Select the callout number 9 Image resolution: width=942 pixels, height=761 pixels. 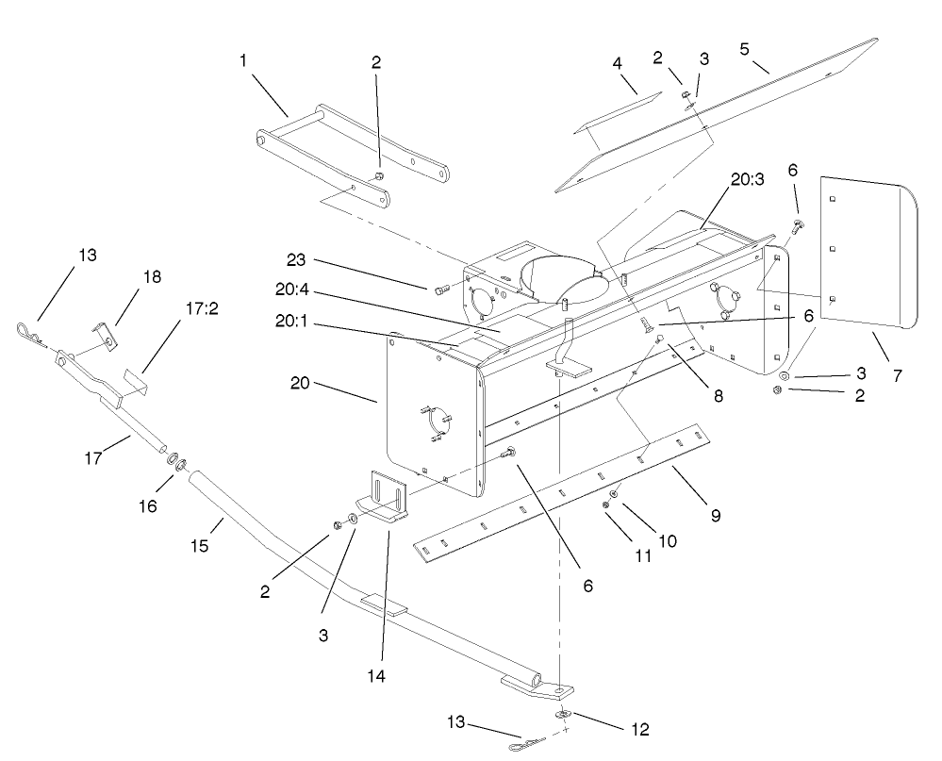coord(716,516)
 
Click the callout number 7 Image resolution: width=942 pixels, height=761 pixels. coord(897,375)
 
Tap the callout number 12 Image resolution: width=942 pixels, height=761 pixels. coord(641,729)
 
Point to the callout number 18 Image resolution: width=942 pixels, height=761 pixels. coord(152,277)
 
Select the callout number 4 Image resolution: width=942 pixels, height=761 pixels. coord(618,64)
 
